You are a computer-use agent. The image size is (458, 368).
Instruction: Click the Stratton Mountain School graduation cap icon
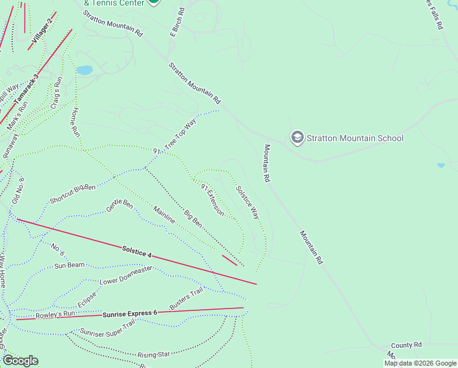tap(297, 137)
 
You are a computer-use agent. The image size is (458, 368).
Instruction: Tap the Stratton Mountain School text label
tap(355, 138)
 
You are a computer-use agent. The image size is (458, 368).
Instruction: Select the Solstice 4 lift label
tap(137, 251)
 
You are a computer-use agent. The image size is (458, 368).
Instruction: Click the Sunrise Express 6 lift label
tap(130, 313)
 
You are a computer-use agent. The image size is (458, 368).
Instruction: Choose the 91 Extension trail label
tap(212, 199)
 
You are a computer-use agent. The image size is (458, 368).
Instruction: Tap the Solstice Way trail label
tap(247, 203)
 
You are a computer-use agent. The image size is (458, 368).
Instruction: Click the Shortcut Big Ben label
tap(73, 193)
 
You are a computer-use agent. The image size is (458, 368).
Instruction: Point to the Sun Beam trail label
tap(69, 266)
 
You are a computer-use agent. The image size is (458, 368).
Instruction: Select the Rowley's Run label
tap(54, 315)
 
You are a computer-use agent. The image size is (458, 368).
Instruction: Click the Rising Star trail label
tap(153, 355)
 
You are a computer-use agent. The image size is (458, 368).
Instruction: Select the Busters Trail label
tap(186, 299)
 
